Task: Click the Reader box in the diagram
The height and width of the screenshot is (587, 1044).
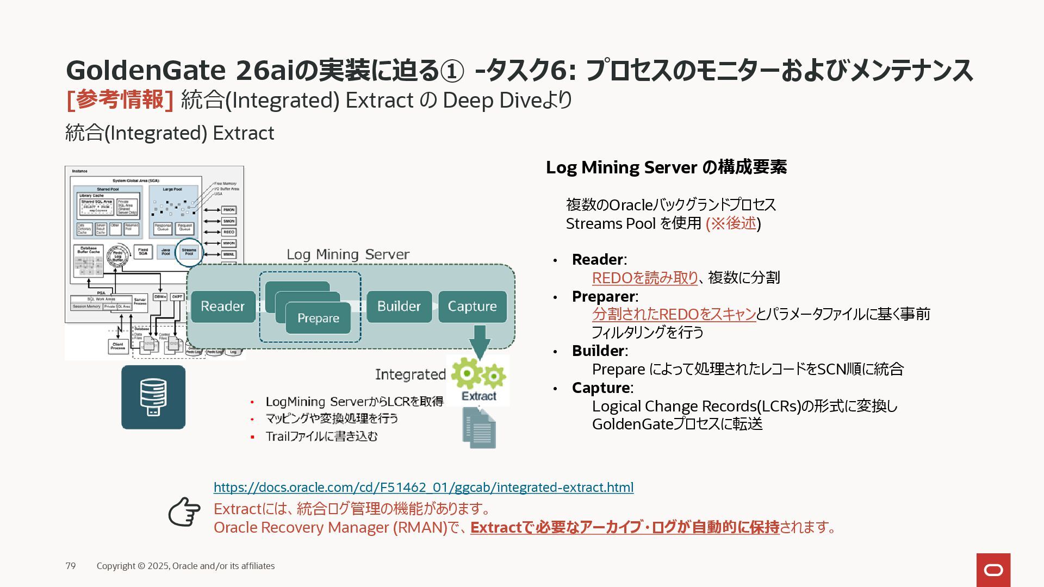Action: pyautogui.click(x=223, y=307)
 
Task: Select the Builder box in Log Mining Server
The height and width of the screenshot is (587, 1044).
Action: pyautogui.click(x=399, y=307)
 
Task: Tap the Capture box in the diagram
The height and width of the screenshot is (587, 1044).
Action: pyautogui.click(x=472, y=307)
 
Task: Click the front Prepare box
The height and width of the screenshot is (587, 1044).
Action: pyautogui.click(x=318, y=319)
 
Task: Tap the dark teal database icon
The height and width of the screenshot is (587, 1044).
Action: pyautogui.click(x=153, y=397)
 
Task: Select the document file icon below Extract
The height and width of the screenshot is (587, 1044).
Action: pyautogui.click(x=479, y=428)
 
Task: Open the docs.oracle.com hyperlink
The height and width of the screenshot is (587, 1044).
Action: pyautogui.click(x=423, y=488)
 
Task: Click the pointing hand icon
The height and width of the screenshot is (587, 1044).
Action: pyautogui.click(x=184, y=511)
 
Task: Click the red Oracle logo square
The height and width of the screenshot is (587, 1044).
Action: pyautogui.click(x=993, y=570)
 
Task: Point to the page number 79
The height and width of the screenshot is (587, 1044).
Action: pyautogui.click(x=71, y=566)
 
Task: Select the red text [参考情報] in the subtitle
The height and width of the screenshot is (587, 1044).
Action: pyautogui.click(x=120, y=100)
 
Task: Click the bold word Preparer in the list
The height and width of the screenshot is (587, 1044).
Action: pyautogui.click(x=604, y=296)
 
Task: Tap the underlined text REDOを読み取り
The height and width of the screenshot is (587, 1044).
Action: pyautogui.click(x=644, y=278)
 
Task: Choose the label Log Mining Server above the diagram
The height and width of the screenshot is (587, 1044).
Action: pyautogui.click(x=348, y=254)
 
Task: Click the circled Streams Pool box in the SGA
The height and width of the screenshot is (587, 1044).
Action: pyautogui.click(x=189, y=252)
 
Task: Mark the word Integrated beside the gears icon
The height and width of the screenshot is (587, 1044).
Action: pyautogui.click(x=410, y=374)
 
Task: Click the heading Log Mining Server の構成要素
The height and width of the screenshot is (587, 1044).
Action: pyautogui.click(x=666, y=167)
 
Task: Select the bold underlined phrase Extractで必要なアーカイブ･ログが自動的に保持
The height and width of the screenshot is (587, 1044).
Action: pyautogui.click(x=625, y=527)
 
